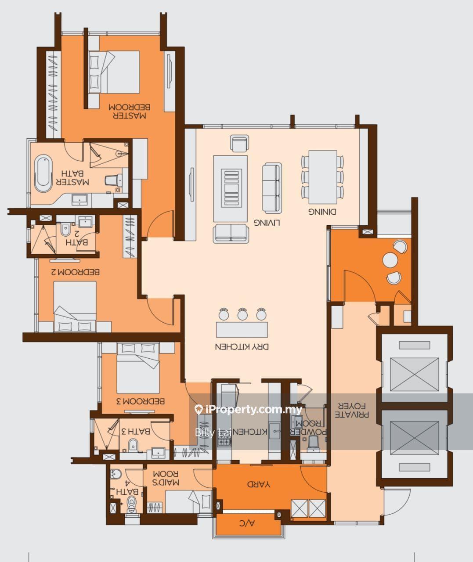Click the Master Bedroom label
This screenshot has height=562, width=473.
[x=129, y=111]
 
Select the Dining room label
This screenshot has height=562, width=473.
[x=322, y=212]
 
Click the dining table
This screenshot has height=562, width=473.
[x=323, y=177]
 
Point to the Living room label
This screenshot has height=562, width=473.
[x=267, y=223]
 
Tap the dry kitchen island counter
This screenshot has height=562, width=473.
[x=242, y=330]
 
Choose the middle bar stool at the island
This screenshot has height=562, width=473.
[x=242, y=314]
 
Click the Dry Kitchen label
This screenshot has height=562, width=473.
[x=242, y=347]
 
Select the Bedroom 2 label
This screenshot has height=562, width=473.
[x=76, y=272]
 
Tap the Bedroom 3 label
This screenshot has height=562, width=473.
[x=140, y=401]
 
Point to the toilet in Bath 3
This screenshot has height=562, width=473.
[x=133, y=445]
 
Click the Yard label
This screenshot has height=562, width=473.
[x=258, y=485]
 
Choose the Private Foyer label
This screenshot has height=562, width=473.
[x=352, y=410]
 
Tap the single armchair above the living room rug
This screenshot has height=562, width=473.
[x=239, y=143]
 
